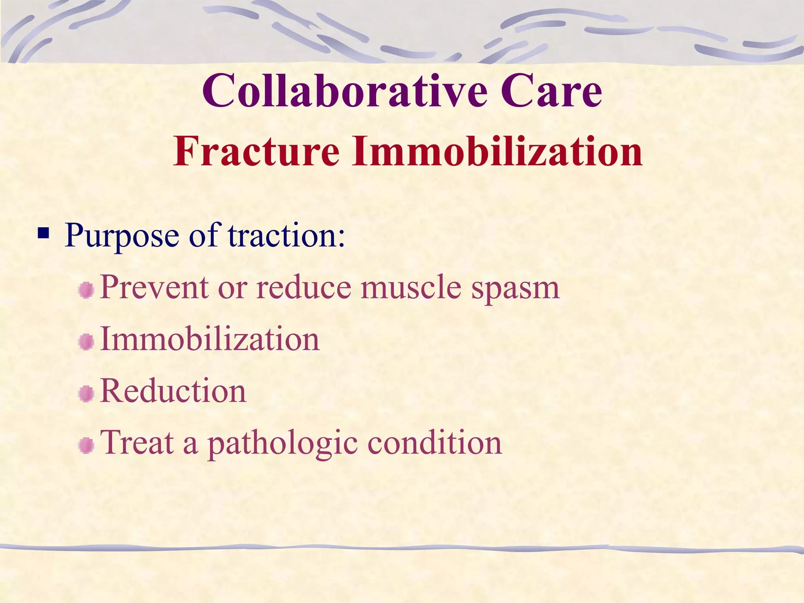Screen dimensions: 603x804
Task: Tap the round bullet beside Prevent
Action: (86, 291)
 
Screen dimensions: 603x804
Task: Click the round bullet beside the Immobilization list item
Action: (86, 342)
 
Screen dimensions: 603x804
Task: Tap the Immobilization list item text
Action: (210, 339)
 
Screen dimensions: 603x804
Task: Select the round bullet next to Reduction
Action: (86, 394)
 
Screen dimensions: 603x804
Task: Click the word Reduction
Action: (173, 391)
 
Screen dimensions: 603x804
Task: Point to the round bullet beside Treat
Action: (86, 446)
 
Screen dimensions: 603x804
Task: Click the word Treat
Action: (137, 442)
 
